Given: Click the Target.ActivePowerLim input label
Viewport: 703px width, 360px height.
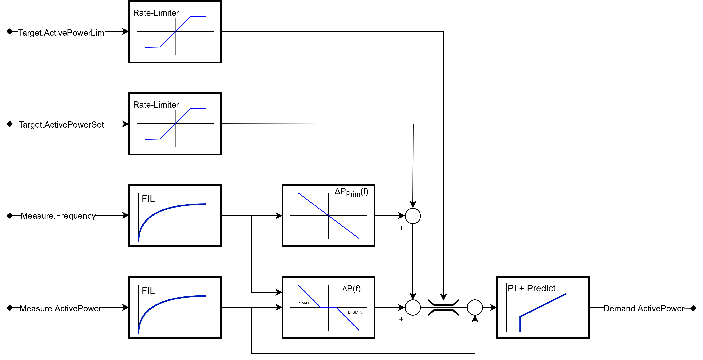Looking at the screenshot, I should (61, 33).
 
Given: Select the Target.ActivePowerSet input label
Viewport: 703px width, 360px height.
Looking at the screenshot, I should (61, 125).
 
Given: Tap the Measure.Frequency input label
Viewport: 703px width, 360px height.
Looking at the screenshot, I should (58, 216).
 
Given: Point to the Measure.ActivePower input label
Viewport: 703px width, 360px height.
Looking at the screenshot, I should (60, 308).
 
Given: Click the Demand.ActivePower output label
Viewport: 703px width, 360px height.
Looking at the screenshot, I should (644, 308).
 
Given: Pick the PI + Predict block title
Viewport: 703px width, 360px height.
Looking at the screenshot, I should (531, 288).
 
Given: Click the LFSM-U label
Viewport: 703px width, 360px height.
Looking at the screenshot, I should (301, 303).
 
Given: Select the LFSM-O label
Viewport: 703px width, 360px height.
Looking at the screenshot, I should (355, 312).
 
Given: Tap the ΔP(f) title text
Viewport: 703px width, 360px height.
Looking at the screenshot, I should (351, 289).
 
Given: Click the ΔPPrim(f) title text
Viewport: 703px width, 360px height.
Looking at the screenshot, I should (351, 192).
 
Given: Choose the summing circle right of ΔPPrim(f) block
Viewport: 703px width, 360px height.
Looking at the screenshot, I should (413, 216).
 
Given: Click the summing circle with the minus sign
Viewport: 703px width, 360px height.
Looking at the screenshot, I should (475, 308).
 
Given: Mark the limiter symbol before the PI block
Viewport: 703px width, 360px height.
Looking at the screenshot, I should (443, 308).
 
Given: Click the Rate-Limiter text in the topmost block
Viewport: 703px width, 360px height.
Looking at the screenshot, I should (156, 13).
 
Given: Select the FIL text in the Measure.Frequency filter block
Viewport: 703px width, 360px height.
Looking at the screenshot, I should (148, 199).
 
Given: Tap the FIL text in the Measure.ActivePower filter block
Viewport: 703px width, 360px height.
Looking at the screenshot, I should (148, 290).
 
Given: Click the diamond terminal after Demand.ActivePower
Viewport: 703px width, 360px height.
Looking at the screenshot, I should (693, 308).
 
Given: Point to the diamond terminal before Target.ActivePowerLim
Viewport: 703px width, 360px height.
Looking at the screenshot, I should (10, 32).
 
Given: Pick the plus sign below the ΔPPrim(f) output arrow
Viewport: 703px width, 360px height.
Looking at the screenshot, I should (401, 228).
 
